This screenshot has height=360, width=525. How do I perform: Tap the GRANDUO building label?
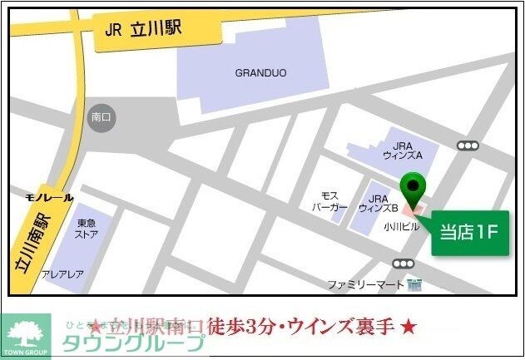pos(260,73)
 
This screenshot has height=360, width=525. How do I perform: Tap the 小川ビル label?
pos(399,225)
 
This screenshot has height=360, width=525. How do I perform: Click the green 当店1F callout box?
pos(469,233)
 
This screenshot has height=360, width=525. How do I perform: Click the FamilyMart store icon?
pos(415,284)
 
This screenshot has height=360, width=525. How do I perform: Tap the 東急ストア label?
pos(87,229)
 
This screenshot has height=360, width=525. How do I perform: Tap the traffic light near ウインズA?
pos(468,145)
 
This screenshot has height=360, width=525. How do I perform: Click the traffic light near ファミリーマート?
pos(405,264)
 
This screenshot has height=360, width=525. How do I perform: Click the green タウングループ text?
pos(133,344)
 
